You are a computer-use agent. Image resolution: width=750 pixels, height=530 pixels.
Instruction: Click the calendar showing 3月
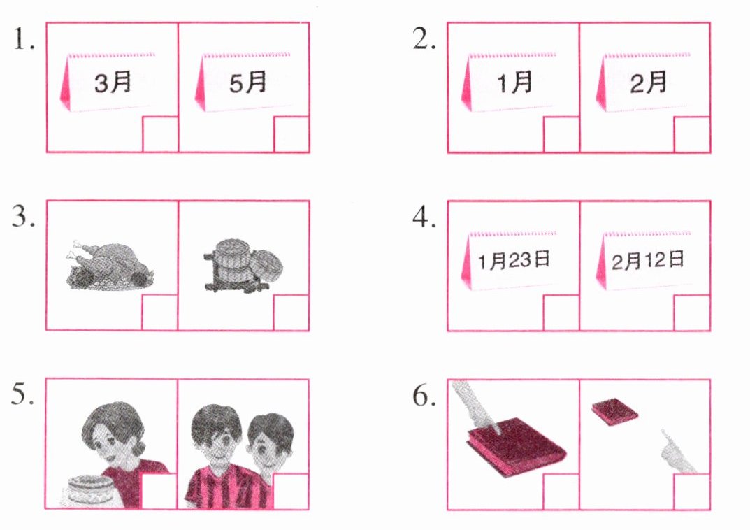(108, 83)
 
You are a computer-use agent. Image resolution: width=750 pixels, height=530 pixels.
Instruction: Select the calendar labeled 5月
(243, 83)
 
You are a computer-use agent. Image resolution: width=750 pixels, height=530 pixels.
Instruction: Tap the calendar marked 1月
(510, 83)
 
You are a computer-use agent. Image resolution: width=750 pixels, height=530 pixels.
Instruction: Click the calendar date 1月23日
(510, 261)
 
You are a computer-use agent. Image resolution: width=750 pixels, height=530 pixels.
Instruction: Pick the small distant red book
(614, 412)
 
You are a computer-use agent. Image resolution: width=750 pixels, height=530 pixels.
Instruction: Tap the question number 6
(424, 396)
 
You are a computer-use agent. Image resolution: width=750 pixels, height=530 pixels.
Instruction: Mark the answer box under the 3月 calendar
(160, 134)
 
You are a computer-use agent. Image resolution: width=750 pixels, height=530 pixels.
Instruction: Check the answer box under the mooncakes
(291, 313)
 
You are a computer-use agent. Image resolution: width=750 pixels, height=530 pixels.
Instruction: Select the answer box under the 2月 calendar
(692, 134)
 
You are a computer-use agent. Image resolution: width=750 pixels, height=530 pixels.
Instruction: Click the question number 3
(24, 217)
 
